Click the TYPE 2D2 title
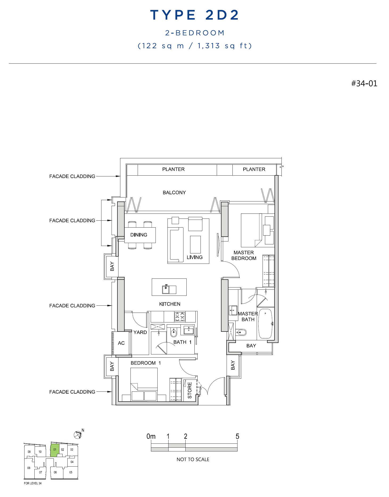click(195, 15)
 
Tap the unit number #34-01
click(364, 83)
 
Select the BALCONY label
click(174, 192)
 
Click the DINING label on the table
click(139, 235)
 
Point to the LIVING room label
click(195, 257)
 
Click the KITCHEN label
click(170, 304)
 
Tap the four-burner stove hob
click(180, 317)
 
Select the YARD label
click(140, 332)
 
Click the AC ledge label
click(121, 343)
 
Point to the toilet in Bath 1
click(174, 332)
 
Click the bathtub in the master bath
click(265, 324)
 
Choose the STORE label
click(190, 390)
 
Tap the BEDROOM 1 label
click(146, 363)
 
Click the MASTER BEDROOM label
click(244, 255)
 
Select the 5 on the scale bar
click(237, 437)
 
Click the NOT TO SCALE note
click(193, 459)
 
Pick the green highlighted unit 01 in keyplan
click(55, 450)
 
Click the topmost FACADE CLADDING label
click(72, 176)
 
